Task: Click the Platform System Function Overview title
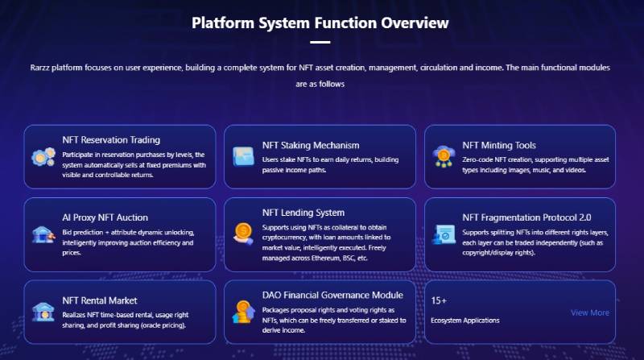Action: pyautogui.click(x=320, y=23)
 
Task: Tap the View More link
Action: pyautogui.click(x=590, y=312)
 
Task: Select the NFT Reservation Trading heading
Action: pyautogui.click(x=111, y=139)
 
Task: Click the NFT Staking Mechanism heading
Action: pyautogui.click(x=311, y=145)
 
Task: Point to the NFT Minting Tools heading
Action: pyautogui.click(x=499, y=145)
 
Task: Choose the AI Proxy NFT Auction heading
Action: pyautogui.click(x=105, y=217)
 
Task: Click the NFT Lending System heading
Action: pyautogui.click(x=303, y=213)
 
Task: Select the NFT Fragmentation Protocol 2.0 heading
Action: pyautogui.click(x=527, y=217)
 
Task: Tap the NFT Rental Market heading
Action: pyautogui.click(x=100, y=300)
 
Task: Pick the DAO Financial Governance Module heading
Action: pyautogui.click(x=332, y=295)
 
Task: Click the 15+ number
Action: pyautogui.click(x=439, y=300)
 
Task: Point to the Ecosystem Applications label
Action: pyautogui.click(x=465, y=321)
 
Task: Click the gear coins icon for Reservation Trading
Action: pyautogui.click(x=43, y=156)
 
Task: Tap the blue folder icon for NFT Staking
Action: pyautogui.click(x=244, y=156)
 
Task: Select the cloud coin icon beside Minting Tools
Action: pyautogui.click(x=444, y=156)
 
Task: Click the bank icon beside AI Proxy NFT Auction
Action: pyautogui.click(x=43, y=234)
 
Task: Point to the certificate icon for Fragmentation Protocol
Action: pyautogui.click(x=444, y=234)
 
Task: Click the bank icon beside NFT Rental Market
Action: pyautogui.click(x=43, y=312)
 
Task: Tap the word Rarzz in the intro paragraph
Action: pyautogui.click(x=39, y=68)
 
